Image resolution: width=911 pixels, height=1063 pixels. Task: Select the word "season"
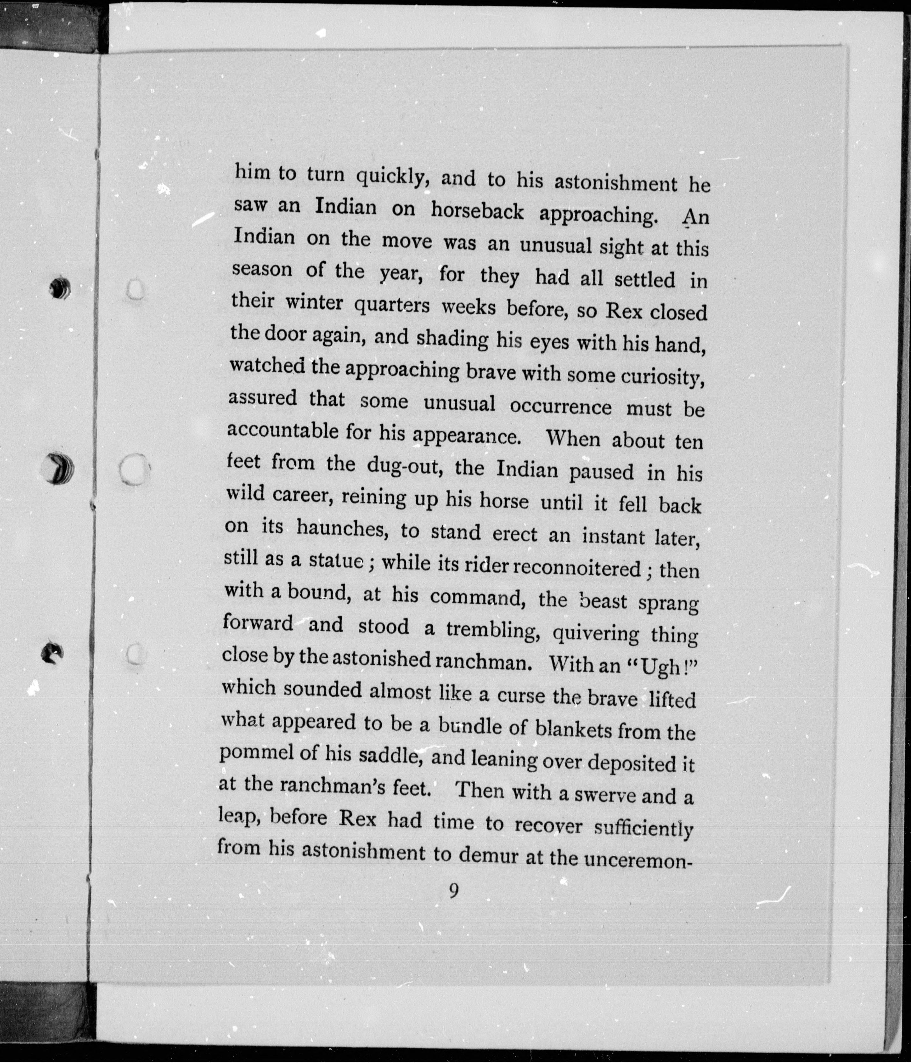click(262, 269)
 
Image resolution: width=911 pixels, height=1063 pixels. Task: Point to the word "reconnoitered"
click(577, 568)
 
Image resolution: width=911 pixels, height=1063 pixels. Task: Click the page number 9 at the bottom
click(454, 892)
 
